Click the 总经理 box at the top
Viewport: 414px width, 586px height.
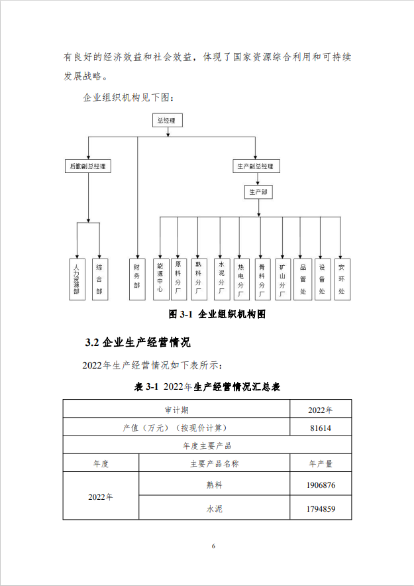click(167, 121)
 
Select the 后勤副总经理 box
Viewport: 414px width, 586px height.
click(87, 166)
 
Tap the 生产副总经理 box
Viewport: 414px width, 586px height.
click(256, 166)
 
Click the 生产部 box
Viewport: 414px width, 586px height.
click(258, 192)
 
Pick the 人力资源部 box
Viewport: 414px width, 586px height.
click(78, 279)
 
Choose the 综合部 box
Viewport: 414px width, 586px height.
click(100, 279)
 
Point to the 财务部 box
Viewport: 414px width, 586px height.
click(137, 279)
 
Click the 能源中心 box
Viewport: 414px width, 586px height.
click(161, 279)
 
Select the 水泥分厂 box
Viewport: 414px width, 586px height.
click(222, 279)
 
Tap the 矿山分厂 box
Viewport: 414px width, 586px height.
click(283, 279)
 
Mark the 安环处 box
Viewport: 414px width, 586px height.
click(342, 279)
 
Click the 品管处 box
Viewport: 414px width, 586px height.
click(303, 279)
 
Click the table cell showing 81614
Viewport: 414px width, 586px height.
click(321, 427)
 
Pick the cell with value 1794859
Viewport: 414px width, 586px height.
click(321, 508)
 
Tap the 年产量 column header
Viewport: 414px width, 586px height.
click(321, 463)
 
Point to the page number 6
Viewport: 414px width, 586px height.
click(213, 546)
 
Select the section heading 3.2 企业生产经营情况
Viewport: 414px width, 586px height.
click(138, 342)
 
